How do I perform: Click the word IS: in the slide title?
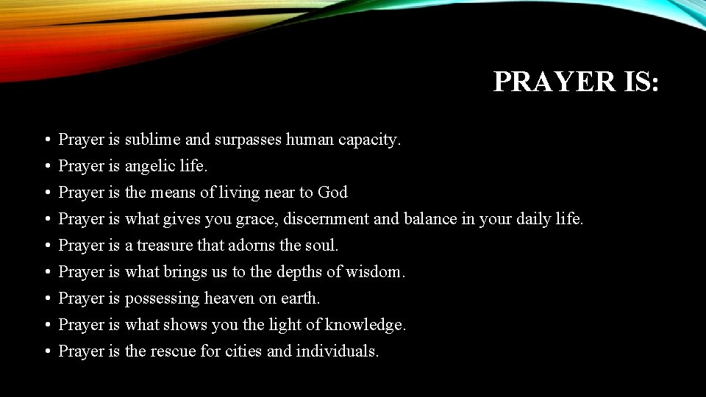click(638, 82)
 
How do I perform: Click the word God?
click(332, 193)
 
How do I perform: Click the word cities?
click(243, 351)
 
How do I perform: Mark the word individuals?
click(338, 351)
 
